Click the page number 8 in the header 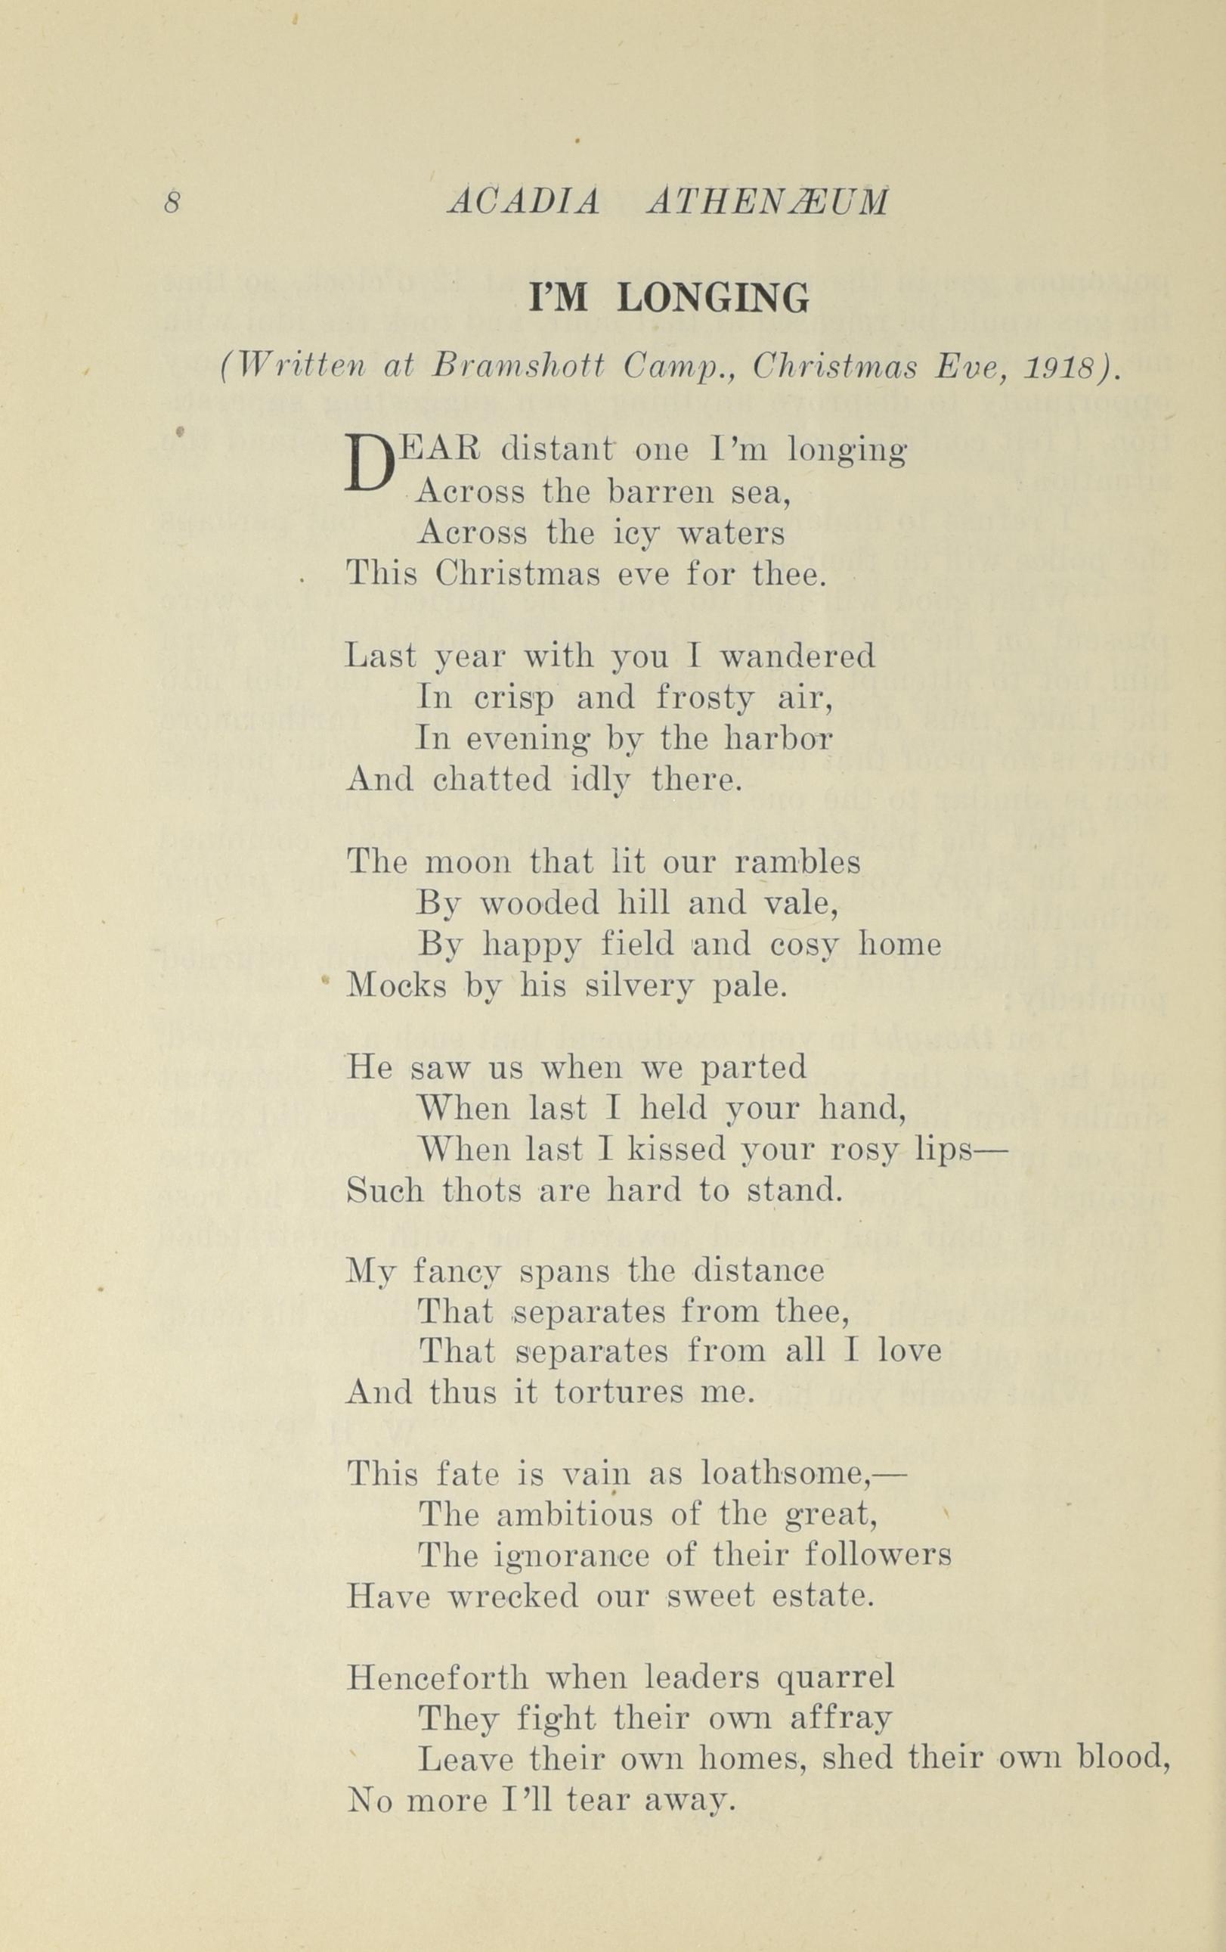pyautogui.click(x=171, y=202)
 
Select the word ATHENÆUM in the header pyautogui.click(x=767, y=203)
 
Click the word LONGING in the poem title pyautogui.click(x=713, y=299)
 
